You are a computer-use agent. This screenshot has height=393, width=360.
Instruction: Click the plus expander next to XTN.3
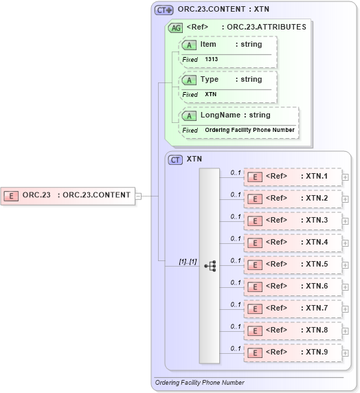coord(345,221)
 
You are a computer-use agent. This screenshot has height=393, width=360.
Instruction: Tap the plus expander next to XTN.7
coord(345,309)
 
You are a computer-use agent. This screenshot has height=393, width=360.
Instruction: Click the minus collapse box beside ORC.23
coord(138,195)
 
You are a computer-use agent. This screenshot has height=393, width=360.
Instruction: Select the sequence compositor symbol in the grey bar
coord(210,265)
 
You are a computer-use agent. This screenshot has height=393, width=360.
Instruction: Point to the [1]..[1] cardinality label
coord(188,261)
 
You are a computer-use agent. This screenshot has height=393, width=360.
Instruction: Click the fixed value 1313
coord(211,60)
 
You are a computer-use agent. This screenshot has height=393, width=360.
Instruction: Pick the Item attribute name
coord(208,44)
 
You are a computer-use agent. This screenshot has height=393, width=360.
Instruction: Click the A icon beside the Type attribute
coord(188,80)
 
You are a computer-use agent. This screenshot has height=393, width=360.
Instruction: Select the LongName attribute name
coord(221,115)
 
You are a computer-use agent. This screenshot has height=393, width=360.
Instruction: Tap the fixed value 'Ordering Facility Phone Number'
coord(249,130)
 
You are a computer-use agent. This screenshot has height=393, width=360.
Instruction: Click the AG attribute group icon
coord(176,27)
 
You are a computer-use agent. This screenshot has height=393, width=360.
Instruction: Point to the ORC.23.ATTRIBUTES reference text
coord(267,27)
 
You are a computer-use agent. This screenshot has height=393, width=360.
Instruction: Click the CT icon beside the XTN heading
coord(176,159)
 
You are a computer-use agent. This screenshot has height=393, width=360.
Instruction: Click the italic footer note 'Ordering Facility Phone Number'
coord(199,383)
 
